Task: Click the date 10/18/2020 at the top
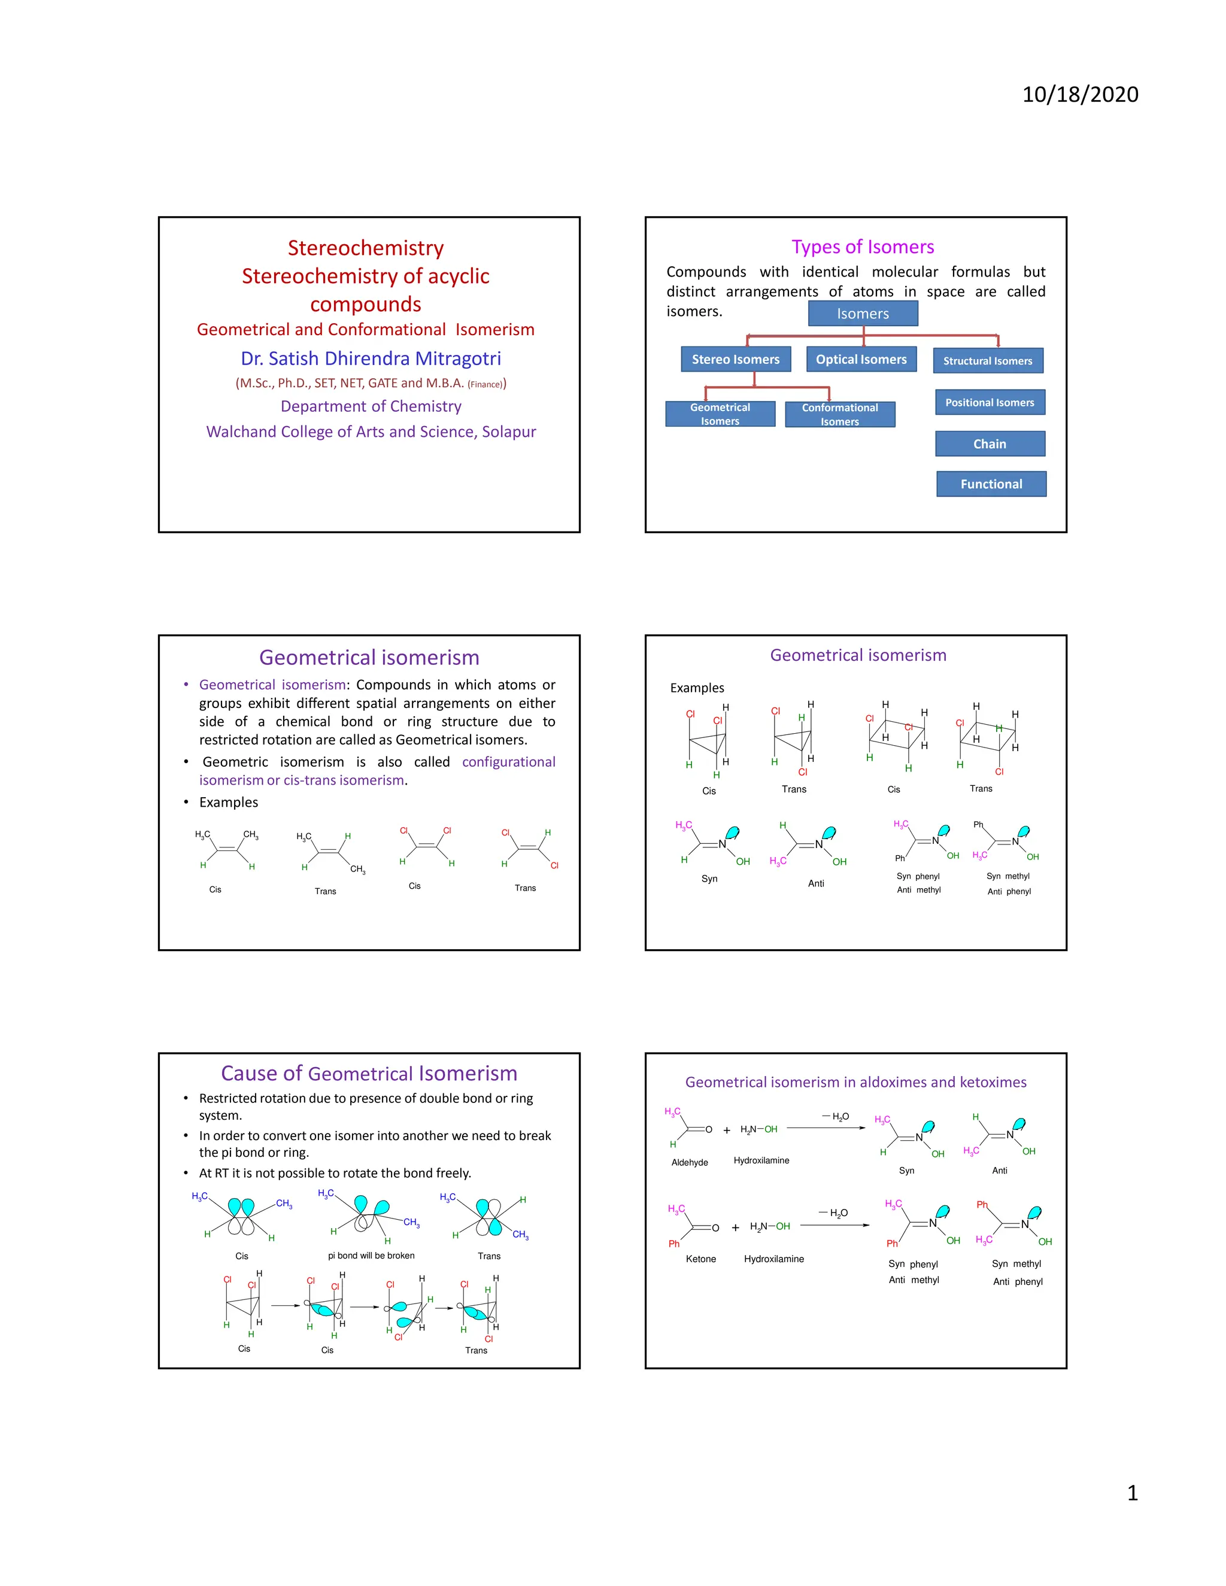tap(1079, 95)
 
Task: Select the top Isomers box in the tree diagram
tap(862, 314)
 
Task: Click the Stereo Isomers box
tap(735, 360)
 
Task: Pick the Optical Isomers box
tap(861, 360)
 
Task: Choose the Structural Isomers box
tap(987, 361)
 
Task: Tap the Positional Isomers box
tap(989, 402)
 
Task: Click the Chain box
tap(989, 443)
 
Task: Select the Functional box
tap(991, 484)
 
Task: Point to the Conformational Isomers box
tap(840, 415)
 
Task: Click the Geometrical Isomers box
tap(720, 414)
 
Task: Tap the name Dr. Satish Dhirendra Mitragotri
tap(371, 358)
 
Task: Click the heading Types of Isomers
tap(862, 247)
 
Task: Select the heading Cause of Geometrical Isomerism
tap(369, 1073)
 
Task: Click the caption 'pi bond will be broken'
tap(371, 1256)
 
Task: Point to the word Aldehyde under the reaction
tap(689, 1163)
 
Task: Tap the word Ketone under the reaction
tap(700, 1259)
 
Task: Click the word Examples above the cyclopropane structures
tap(697, 688)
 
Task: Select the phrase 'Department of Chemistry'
tap(371, 406)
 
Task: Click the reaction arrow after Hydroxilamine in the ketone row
tap(834, 1226)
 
